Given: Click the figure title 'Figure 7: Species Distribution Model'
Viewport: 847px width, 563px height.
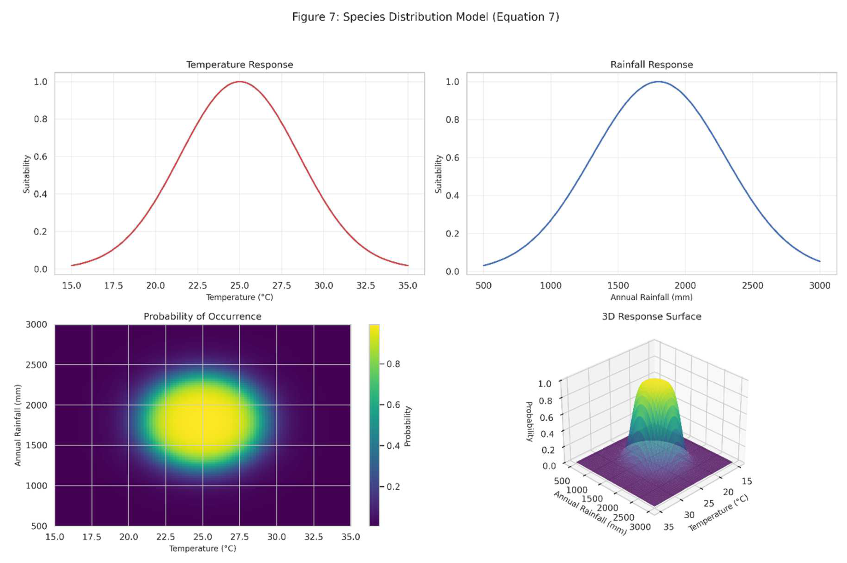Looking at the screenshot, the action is (x=425, y=17).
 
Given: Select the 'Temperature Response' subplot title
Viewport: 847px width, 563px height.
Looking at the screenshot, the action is (x=239, y=65).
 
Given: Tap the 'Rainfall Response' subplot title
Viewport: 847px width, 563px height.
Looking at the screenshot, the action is (x=652, y=65).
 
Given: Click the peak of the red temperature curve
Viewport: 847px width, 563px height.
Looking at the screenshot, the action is (x=239, y=81).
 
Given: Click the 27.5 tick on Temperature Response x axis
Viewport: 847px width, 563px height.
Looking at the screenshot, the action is (x=281, y=285).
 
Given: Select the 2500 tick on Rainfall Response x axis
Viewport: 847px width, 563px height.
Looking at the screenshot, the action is (x=752, y=285).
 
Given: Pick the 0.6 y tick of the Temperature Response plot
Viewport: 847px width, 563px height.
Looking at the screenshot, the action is (x=40, y=157).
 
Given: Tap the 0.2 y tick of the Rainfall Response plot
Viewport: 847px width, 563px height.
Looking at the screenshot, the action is (x=452, y=233).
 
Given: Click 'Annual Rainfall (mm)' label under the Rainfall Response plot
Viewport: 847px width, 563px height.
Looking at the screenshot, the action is (x=652, y=297).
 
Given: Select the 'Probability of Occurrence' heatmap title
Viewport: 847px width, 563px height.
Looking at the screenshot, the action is (x=202, y=316).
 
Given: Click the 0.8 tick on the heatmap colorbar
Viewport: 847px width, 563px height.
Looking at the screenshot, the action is (x=393, y=364).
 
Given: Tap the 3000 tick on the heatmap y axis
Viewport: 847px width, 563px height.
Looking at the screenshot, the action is (x=36, y=325).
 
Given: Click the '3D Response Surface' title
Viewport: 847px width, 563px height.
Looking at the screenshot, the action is (x=652, y=316).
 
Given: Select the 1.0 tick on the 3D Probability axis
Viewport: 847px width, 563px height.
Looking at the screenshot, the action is (x=545, y=384).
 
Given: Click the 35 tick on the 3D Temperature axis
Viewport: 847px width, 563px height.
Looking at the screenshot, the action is (x=668, y=527).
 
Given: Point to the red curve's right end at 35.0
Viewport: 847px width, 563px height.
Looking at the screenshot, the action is (x=408, y=265).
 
